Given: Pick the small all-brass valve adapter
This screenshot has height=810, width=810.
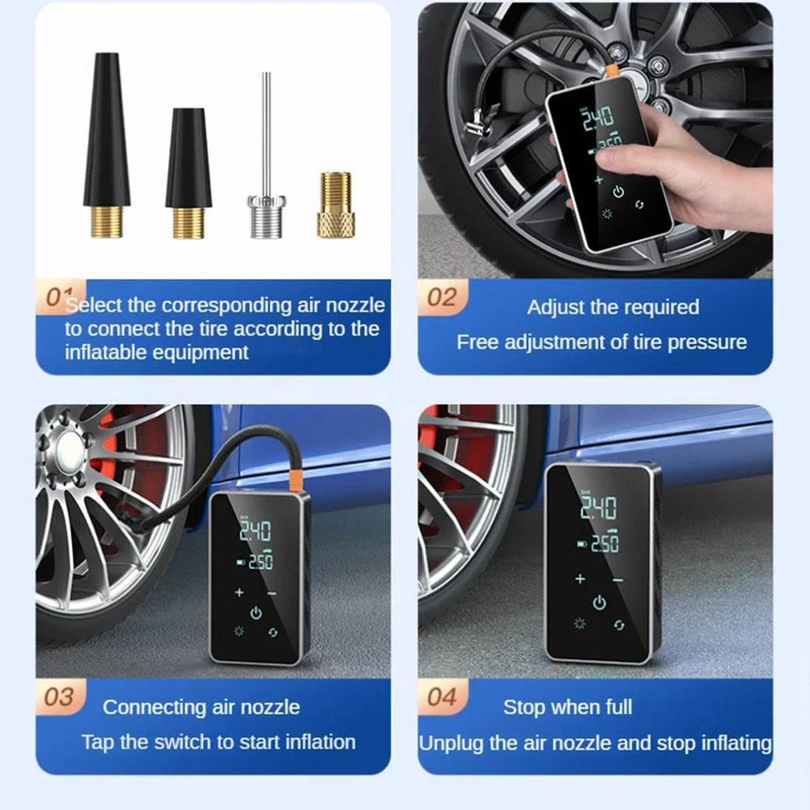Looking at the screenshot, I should [x=335, y=214].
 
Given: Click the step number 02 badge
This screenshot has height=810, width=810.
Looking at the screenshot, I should [x=442, y=298].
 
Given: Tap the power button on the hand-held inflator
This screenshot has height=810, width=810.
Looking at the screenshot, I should [x=618, y=192].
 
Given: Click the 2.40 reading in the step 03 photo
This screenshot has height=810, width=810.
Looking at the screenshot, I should [x=254, y=531].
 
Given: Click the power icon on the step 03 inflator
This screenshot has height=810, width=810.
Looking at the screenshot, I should [x=256, y=613].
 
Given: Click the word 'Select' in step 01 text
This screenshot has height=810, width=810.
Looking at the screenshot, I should [x=94, y=306].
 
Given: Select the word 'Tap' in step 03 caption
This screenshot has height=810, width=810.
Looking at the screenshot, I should [x=98, y=742].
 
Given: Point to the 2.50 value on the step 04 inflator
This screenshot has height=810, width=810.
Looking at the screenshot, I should [x=603, y=544].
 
